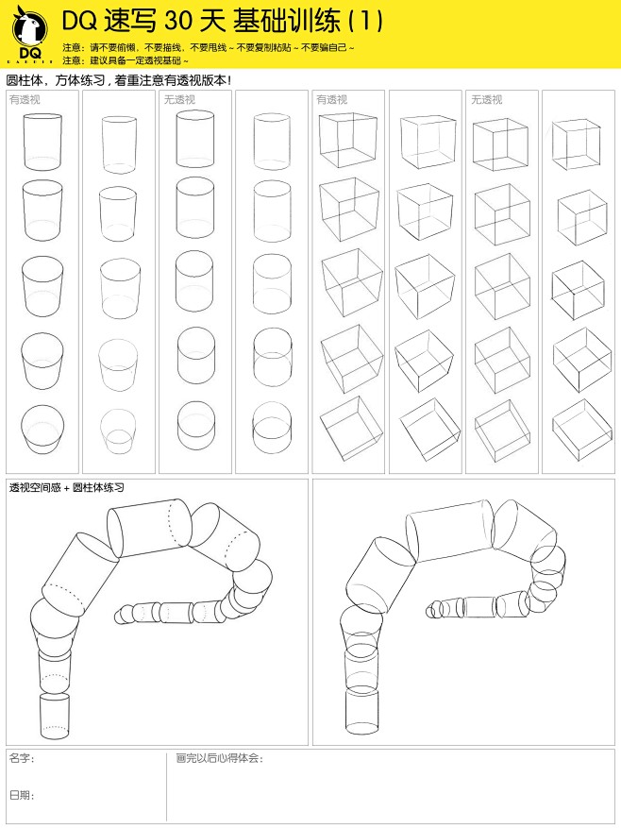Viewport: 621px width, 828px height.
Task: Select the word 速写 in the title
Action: (130, 22)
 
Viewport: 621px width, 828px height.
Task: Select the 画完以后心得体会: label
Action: (220, 759)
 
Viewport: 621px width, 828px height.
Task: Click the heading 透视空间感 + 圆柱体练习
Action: (66, 487)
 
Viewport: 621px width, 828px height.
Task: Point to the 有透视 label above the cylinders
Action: (25, 100)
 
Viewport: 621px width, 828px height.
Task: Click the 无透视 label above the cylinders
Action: (179, 100)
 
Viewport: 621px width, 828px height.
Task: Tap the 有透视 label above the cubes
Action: (331, 100)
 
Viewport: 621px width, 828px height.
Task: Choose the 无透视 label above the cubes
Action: (487, 100)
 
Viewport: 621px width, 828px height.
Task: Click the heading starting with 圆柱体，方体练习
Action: (119, 81)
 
